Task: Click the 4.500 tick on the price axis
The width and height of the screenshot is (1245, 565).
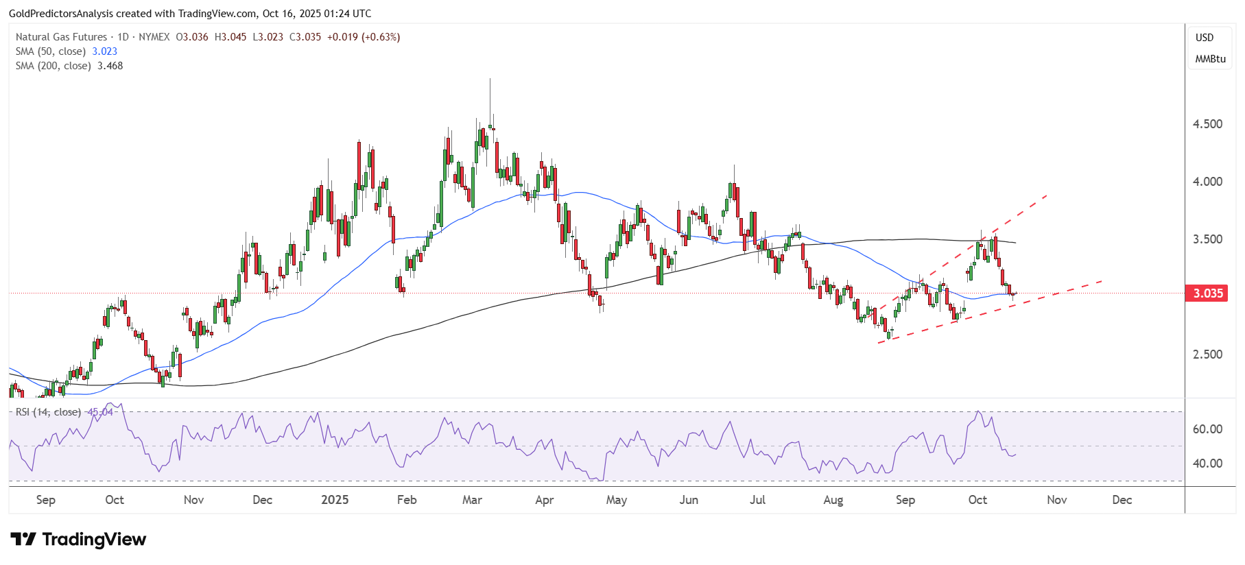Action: click(x=1207, y=124)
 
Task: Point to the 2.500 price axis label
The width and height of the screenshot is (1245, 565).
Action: click(x=1207, y=354)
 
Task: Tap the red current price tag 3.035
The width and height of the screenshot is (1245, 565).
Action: click(x=1207, y=293)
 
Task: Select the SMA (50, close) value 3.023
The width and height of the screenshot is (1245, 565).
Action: click(x=104, y=51)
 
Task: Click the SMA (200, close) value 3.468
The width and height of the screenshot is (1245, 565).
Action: click(x=110, y=66)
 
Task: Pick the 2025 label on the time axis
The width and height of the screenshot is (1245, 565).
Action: click(x=335, y=500)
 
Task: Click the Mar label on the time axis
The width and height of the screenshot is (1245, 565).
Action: click(x=472, y=500)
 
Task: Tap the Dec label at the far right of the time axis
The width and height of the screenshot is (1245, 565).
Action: click(x=1122, y=500)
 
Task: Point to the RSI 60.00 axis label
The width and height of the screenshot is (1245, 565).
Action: click(x=1207, y=429)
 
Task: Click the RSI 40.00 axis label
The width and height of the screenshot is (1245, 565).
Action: click(x=1207, y=464)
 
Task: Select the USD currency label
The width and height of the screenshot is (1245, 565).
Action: click(x=1205, y=38)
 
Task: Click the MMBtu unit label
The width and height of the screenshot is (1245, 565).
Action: click(x=1210, y=59)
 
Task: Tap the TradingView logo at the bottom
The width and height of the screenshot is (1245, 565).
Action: click(x=78, y=540)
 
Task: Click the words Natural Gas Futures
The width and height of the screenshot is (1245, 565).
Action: click(x=61, y=37)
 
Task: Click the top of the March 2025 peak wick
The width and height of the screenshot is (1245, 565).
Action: click(x=490, y=80)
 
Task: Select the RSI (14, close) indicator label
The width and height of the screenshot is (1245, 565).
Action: click(x=48, y=412)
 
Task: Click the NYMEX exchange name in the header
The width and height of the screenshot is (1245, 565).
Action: click(x=154, y=37)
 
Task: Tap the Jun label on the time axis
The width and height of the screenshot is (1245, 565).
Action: click(x=689, y=500)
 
